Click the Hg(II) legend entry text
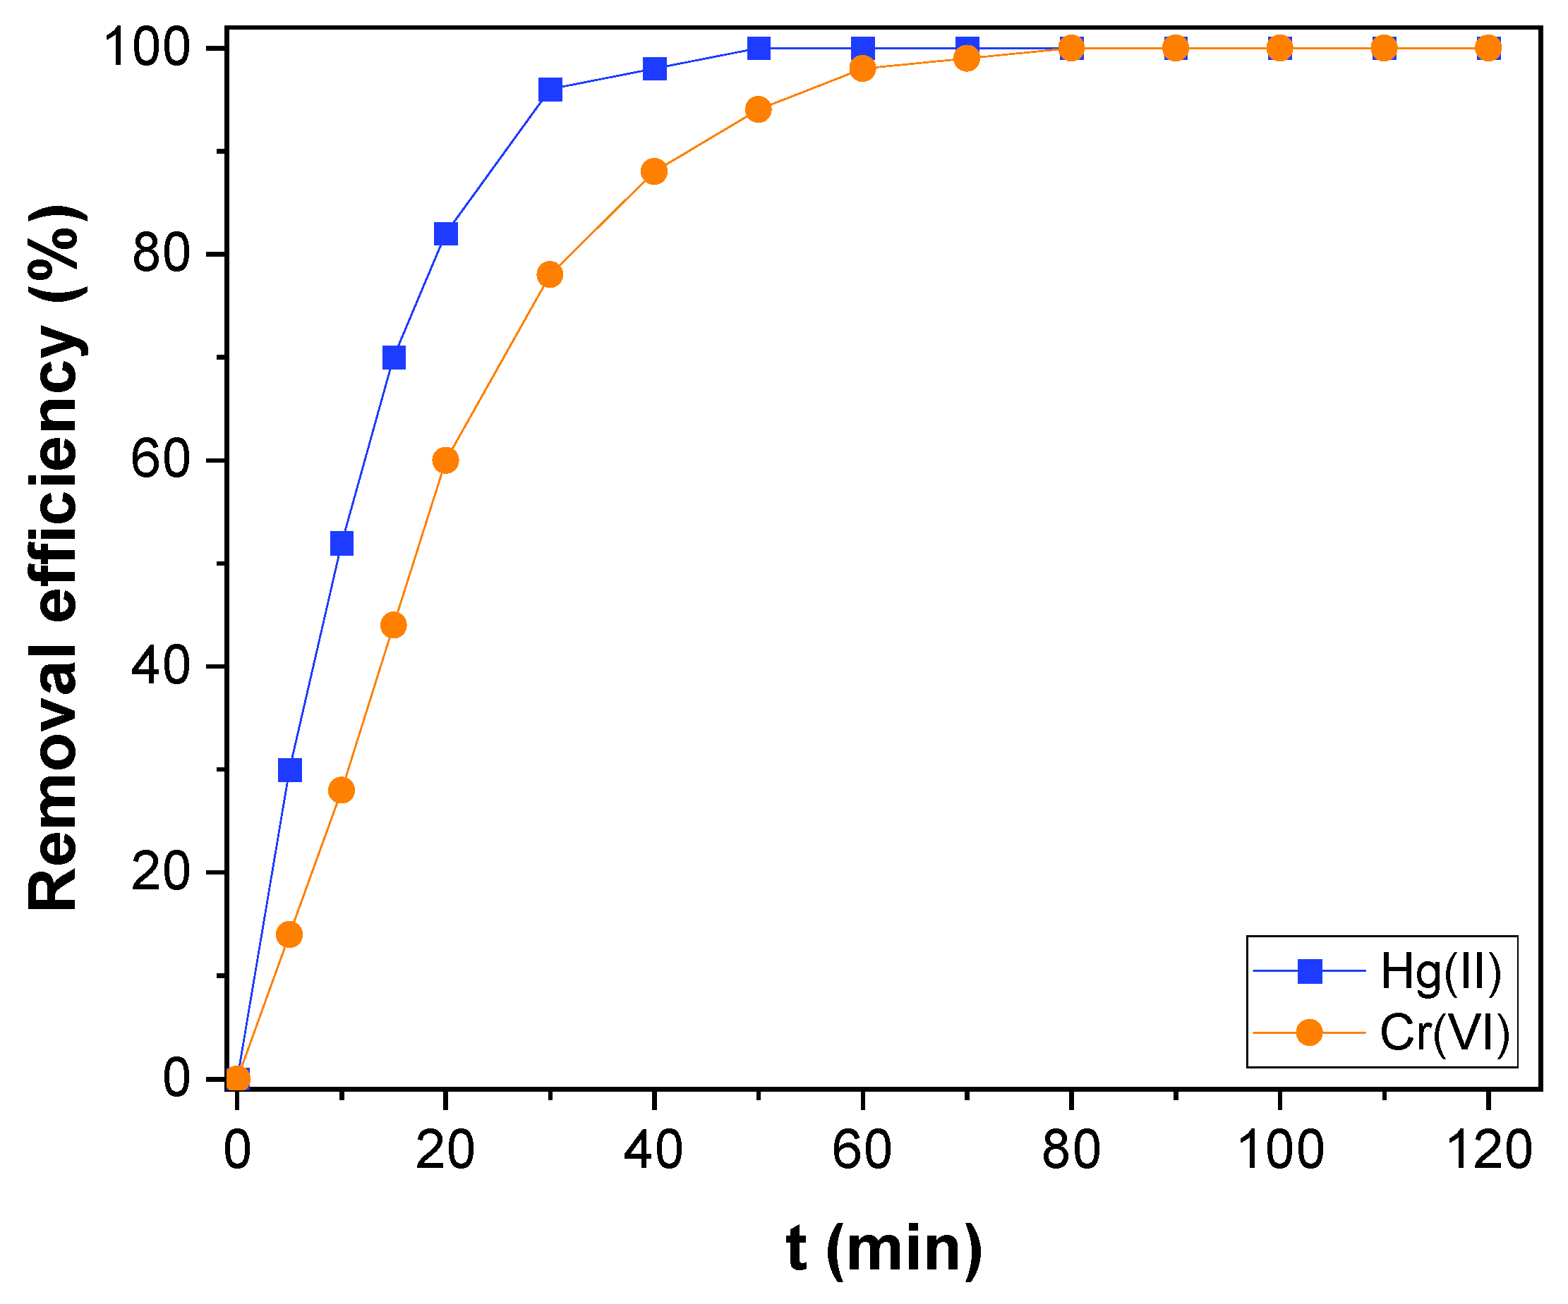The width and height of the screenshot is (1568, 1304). point(1440,973)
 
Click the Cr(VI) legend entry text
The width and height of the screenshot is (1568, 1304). point(1444,1034)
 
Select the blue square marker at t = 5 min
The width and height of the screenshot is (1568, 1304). point(290,769)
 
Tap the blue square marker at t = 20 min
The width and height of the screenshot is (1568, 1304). point(446,233)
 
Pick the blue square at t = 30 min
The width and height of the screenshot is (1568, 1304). point(550,90)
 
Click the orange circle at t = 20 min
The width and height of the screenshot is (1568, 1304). point(446,461)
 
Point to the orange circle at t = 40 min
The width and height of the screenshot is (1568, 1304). point(654,171)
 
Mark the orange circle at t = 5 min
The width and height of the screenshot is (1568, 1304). point(290,934)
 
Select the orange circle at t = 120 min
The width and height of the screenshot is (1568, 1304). point(1488,49)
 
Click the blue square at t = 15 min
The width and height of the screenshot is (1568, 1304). point(394,358)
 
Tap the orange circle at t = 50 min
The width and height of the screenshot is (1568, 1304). point(759,110)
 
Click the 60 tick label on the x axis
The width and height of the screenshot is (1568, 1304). point(862,1150)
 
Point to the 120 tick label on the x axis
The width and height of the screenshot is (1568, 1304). point(1489,1150)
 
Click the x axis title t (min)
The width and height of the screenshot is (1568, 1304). point(884,1248)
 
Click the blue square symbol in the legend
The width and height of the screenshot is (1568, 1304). point(1310,973)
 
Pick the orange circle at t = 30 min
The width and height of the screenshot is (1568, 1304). point(550,274)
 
